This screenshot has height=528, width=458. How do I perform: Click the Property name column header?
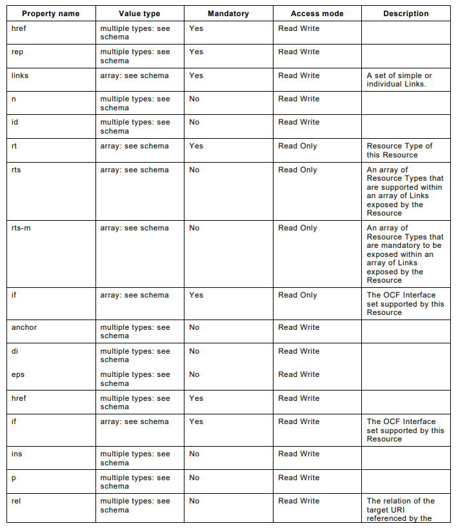pos(50,14)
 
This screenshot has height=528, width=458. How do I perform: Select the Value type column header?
pos(139,14)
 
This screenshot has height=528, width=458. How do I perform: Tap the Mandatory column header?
pos(228,14)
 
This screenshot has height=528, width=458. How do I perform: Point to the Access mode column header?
pos(317,14)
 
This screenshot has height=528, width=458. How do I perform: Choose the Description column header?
pos(406,14)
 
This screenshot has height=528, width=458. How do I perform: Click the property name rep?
pos(17,52)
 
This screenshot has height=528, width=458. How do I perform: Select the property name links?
pos(20,76)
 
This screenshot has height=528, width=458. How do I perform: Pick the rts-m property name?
pos(21,228)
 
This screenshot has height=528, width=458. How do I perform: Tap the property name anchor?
pos(25,327)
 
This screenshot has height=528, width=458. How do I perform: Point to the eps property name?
pos(18,374)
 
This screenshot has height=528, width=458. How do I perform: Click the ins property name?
pos(17,454)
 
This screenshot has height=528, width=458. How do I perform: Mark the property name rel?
pos(17,501)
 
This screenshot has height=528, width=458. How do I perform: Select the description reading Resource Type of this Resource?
pos(399,150)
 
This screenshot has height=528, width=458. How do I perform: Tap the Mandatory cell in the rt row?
pos(196,146)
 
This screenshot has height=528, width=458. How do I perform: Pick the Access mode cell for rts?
pos(297,170)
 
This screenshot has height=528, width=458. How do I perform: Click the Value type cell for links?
pos(134,76)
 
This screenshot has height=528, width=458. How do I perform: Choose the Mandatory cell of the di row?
pos(194,351)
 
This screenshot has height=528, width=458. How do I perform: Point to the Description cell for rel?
pos(401,509)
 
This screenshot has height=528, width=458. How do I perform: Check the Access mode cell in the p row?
pos(299,478)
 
